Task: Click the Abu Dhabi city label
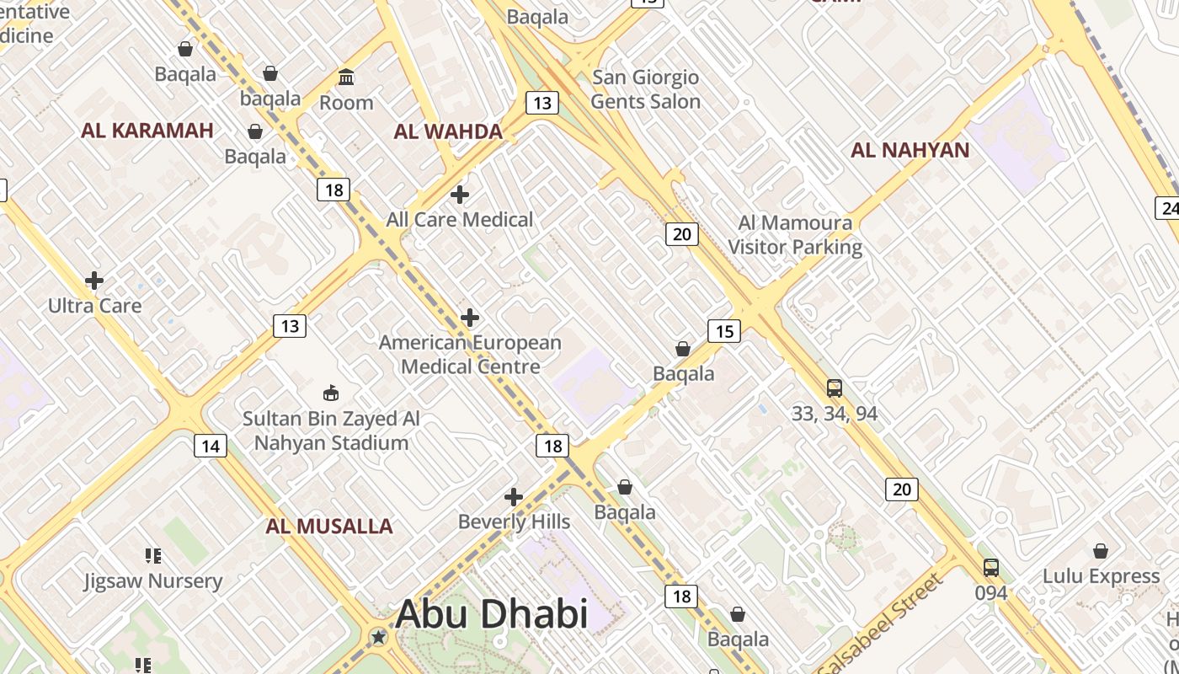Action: click(491, 613)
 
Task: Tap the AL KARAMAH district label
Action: click(147, 131)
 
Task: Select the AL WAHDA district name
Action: click(448, 131)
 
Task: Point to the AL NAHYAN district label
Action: click(910, 151)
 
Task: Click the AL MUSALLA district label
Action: click(329, 527)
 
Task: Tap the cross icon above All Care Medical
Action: click(460, 195)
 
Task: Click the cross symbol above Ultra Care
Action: click(94, 281)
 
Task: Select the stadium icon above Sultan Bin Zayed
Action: click(331, 393)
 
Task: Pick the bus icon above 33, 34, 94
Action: click(835, 388)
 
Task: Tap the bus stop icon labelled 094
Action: click(991, 568)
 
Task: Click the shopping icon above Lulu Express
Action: click(1101, 551)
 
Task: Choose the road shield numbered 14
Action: click(210, 446)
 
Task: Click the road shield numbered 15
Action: click(724, 331)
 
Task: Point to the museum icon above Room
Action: click(346, 78)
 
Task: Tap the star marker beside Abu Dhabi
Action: click(379, 637)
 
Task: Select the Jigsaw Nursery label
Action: click(152, 581)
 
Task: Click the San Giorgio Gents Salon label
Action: click(645, 89)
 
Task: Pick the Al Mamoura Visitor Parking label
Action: click(795, 235)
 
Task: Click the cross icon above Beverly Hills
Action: click(514, 497)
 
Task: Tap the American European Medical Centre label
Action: click(470, 355)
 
